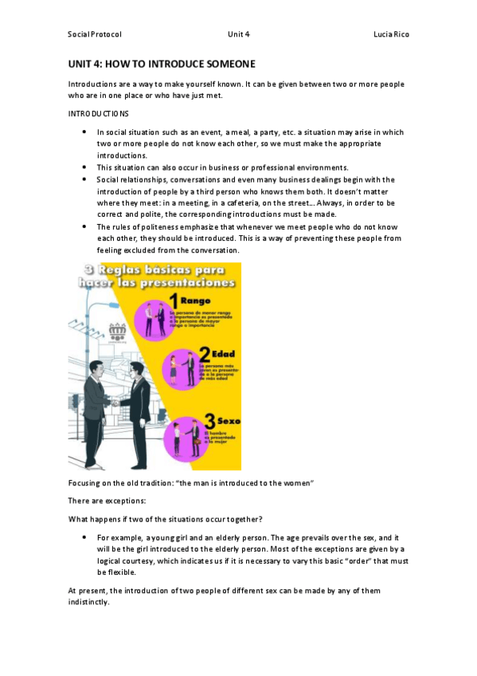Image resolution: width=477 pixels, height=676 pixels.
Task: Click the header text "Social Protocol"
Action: (x=95, y=35)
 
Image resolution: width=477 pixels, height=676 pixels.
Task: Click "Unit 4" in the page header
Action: (x=238, y=35)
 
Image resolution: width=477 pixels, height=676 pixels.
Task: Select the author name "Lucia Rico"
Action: (x=392, y=35)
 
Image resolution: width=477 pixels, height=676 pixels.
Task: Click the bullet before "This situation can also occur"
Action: (x=84, y=167)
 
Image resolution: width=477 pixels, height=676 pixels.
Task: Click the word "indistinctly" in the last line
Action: (x=90, y=603)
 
